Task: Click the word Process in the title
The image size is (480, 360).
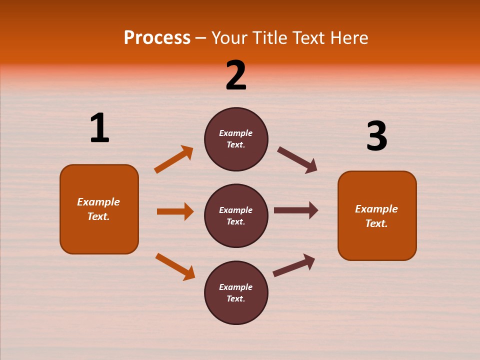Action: (157, 38)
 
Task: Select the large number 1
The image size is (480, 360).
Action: (99, 128)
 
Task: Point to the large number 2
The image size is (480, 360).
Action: (236, 75)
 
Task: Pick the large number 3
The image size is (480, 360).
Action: (376, 136)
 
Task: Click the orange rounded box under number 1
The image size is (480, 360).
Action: (99, 235)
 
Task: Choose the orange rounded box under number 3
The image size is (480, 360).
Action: (377, 242)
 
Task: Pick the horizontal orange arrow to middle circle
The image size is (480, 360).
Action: (175, 211)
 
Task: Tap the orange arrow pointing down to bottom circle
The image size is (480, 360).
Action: (175, 266)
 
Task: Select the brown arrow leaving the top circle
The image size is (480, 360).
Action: (297, 160)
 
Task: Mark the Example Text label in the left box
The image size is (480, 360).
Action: (98, 209)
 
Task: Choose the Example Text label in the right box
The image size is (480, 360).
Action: (376, 216)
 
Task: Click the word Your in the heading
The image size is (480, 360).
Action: (228, 38)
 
